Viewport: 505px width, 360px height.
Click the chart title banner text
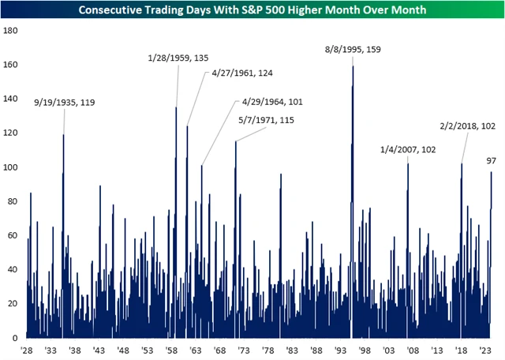click(252, 9)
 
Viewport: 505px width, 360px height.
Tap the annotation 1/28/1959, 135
click(178, 58)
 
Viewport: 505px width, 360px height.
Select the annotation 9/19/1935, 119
click(65, 102)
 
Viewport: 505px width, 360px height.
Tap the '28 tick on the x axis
click(27, 350)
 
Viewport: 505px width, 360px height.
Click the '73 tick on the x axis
click(244, 350)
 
